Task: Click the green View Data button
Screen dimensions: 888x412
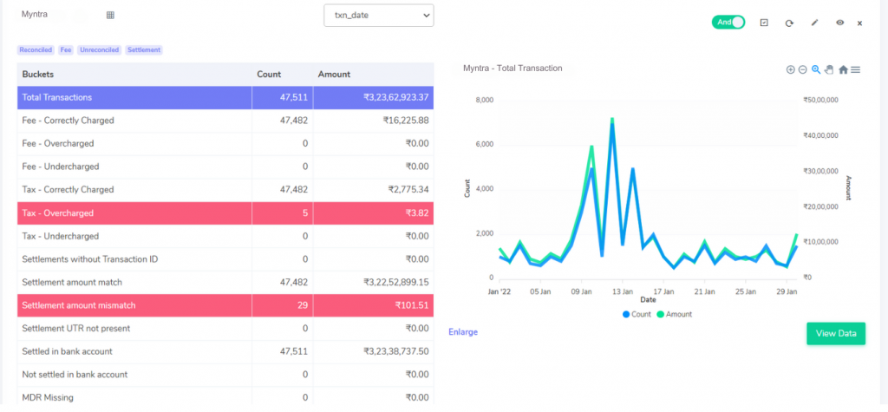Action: click(x=836, y=333)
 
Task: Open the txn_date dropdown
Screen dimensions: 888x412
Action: click(x=379, y=16)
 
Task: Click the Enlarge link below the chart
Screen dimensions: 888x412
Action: click(x=463, y=332)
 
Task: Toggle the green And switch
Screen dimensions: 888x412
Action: click(x=728, y=22)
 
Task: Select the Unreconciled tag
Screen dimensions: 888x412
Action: click(x=100, y=49)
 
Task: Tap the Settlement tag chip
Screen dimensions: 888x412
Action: click(x=144, y=49)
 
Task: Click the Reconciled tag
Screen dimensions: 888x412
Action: click(x=36, y=49)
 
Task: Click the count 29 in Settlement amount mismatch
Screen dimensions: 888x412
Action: click(x=302, y=305)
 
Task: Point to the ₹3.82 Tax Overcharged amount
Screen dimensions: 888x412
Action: click(x=417, y=213)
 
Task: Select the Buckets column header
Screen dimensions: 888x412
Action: click(x=38, y=75)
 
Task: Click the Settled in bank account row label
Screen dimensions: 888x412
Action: click(x=68, y=351)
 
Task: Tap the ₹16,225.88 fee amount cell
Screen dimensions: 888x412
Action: click(x=406, y=121)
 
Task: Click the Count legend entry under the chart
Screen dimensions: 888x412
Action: click(x=637, y=314)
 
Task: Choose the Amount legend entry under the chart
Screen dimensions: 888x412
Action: click(x=674, y=314)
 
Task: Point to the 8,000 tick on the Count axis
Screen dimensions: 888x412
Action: click(x=485, y=101)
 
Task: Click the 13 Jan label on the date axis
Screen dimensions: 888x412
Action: click(x=623, y=291)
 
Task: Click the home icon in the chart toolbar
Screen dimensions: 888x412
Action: click(x=843, y=69)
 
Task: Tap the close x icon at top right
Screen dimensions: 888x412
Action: click(x=859, y=23)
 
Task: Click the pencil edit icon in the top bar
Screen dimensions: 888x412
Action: click(x=815, y=23)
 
